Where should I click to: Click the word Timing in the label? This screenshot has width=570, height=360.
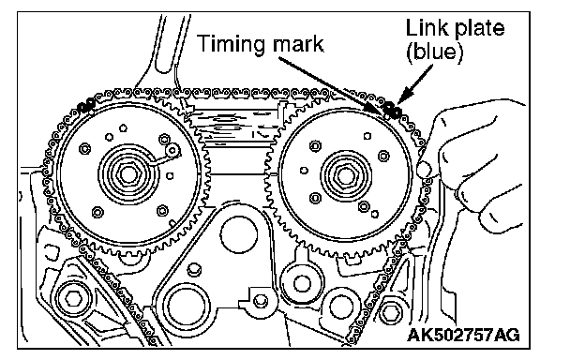[x=232, y=44]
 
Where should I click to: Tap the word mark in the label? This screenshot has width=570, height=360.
[x=298, y=44]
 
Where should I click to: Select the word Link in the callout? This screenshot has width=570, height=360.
[x=424, y=27]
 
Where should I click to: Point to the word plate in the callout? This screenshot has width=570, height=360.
[x=475, y=29]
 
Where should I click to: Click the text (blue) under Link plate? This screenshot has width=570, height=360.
[x=435, y=52]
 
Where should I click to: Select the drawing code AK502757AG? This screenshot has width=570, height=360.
[x=464, y=335]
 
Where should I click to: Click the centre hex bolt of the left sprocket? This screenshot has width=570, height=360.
[x=127, y=173]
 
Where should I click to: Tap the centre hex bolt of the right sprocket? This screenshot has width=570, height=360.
[x=345, y=176]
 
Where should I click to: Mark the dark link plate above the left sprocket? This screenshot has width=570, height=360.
[x=86, y=106]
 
